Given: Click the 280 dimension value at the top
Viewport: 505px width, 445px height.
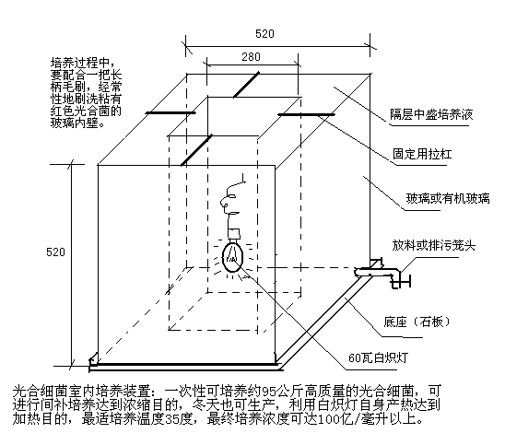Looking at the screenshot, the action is (x=251, y=57).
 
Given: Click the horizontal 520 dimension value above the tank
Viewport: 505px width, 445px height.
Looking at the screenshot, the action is (x=264, y=33).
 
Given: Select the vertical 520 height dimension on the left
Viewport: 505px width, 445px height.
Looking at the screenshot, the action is (x=55, y=252).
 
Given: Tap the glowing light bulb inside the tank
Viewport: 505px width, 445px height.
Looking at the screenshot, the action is (x=232, y=257).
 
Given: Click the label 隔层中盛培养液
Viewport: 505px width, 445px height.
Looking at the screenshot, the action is (x=431, y=114).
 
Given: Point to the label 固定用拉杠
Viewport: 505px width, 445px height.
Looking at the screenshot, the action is (x=422, y=154).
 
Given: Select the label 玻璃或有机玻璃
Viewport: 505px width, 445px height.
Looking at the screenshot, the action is (x=448, y=198).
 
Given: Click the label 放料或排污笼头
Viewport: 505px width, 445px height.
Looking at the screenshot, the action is (x=433, y=245).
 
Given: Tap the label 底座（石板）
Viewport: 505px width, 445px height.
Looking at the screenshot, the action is (x=417, y=322).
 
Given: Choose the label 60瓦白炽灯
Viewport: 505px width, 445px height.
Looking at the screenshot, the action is (x=378, y=357).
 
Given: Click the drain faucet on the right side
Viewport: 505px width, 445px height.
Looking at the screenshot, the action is (x=383, y=273).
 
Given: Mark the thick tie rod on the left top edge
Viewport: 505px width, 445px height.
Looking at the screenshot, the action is (x=170, y=113).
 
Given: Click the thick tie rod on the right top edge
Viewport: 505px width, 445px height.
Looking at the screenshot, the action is (x=306, y=114).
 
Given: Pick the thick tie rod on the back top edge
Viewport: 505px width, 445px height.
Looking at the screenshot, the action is (x=246, y=85).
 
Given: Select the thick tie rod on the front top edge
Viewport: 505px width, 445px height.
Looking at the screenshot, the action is (x=196, y=150).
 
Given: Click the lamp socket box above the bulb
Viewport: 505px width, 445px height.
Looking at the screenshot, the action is (x=234, y=233).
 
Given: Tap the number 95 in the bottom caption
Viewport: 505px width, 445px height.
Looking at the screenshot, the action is (x=268, y=392).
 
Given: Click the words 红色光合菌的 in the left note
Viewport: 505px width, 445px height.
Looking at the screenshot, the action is (x=86, y=111).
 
